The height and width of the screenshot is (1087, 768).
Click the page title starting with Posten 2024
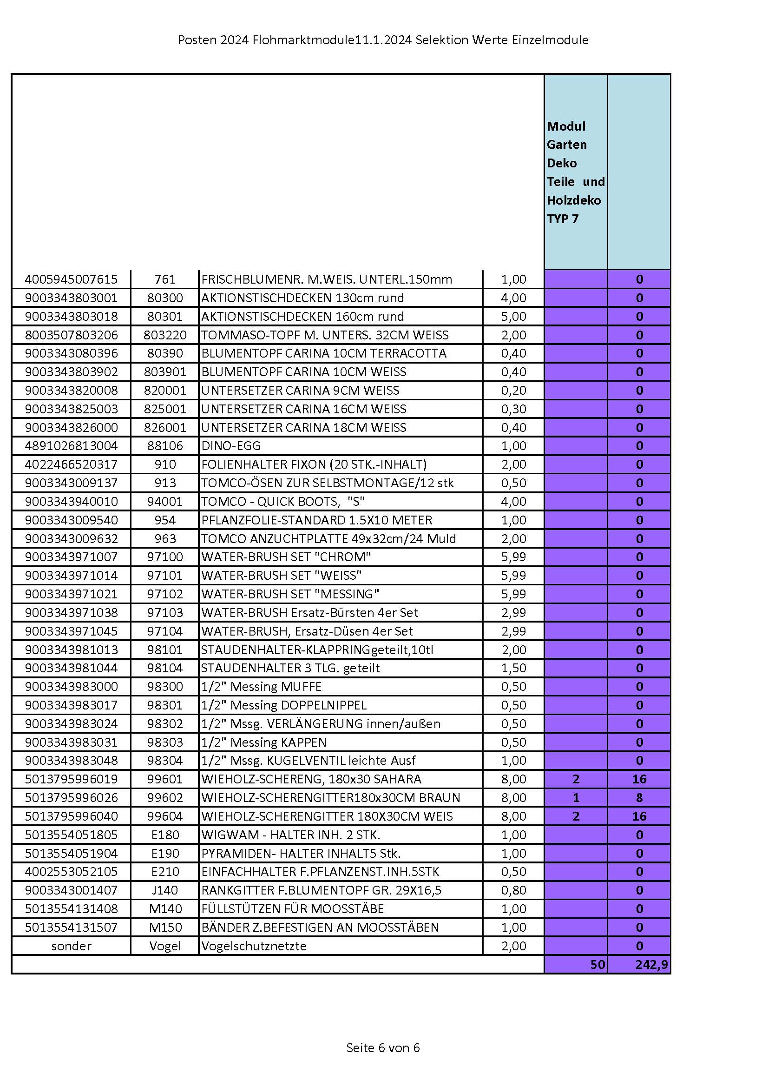point(383,40)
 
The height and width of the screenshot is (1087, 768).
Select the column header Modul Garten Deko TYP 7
point(575,172)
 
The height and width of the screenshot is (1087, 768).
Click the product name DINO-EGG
point(230,445)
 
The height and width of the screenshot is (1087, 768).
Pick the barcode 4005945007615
point(71,279)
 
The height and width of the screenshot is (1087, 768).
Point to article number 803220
point(165,335)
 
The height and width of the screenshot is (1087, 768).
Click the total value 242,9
point(651,964)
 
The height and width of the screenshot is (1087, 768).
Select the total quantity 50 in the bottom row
point(597,964)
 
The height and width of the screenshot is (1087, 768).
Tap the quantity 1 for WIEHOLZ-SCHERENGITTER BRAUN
point(575,798)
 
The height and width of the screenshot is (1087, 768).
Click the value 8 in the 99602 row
point(639,798)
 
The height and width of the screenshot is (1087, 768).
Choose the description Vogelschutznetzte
point(254,946)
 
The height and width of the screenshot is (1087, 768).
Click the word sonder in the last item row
point(71,946)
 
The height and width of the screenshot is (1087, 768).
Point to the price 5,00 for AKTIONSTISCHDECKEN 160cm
point(513,316)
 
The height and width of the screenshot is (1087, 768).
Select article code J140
point(164,890)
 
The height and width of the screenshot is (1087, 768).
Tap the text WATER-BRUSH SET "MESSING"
point(290,594)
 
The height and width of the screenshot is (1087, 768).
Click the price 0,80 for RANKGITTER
point(513,890)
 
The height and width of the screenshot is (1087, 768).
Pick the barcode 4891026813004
point(71,445)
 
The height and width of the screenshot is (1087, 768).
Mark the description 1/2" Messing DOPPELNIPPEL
point(283,705)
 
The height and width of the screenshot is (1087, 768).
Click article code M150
point(165,927)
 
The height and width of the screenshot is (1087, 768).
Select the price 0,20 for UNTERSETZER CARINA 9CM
point(513,390)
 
